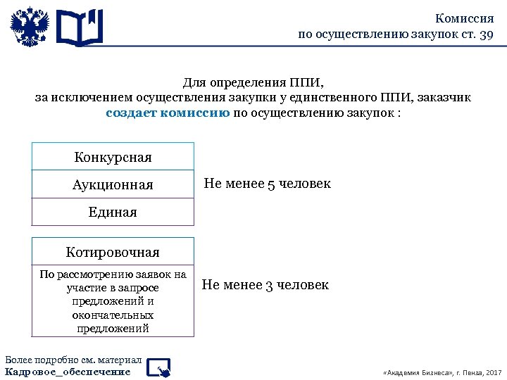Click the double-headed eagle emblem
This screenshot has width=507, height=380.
pyautogui.click(x=30, y=27)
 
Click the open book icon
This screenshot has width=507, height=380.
pyautogui.click(x=79, y=27)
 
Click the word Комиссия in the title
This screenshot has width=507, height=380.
pyautogui.click(x=464, y=19)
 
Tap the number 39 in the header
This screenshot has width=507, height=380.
pyautogui.click(x=486, y=34)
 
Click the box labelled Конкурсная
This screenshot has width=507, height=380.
pyautogui.click(x=113, y=157)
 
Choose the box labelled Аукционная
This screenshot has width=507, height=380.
pyautogui.click(x=113, y=184)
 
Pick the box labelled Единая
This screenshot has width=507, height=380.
pyautogui.click(x=113, y=212)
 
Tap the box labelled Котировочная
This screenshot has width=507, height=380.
pyautogui.click(x=113, y=252)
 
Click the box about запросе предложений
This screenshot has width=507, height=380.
pyautogui.click(x=113, y=301)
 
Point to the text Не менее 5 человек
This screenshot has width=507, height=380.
pyautogui.click(x=267, y=184)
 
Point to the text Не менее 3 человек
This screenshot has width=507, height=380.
pyautogui.click(x=265, y=285)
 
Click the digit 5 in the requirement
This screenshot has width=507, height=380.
pyautogui.click(x=271, y=184)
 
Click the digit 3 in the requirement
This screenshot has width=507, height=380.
pyautogui.click(x=269, y=285)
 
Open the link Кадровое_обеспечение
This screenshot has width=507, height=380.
pyautogui.click(x=68, y=372)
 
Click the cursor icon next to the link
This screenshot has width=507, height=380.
pyautogui.click(x=161, y=367)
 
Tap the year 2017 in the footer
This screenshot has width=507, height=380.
pyautogui.click(x=493, y=372)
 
